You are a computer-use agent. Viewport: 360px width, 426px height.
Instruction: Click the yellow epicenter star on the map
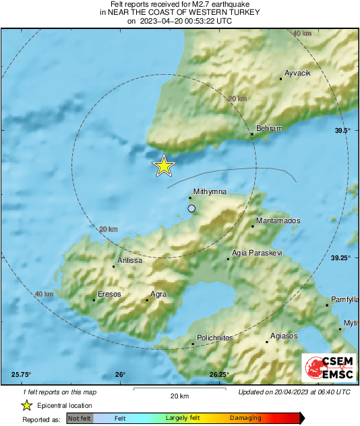pyautogui.click(x=164, y=165)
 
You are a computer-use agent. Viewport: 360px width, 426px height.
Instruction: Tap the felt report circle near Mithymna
pyautogui.click(x=191, y=209)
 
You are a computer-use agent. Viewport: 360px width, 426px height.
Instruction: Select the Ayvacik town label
pyautogui.click(x=297, y=73)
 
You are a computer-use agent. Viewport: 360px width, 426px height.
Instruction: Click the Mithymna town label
pyautogui.click(x=208, y=191)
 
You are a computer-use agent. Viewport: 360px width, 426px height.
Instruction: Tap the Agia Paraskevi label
pyautogui.click(x=257, y=253)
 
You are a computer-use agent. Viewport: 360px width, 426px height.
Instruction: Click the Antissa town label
pyautogui.click(x=130, y=260)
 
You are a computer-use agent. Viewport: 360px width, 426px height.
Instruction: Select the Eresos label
pyautogui.click(x=109, y=294)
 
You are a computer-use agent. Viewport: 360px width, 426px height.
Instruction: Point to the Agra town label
pyautogui.click(x=158, y=294)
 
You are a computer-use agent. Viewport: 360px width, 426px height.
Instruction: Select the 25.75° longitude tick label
pyautogui.click(x=22, y=375)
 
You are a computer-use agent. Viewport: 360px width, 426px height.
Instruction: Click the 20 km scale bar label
pyautogui.click(x=179, y=395)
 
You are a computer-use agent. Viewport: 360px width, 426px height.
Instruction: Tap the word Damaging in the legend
pyautogui.click(x=245, y=418)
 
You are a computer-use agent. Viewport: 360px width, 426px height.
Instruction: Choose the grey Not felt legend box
pyautogui.click(x=80, y=419)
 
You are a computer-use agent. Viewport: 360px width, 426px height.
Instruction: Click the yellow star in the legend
pyautogui.click(x=26, y=405)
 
